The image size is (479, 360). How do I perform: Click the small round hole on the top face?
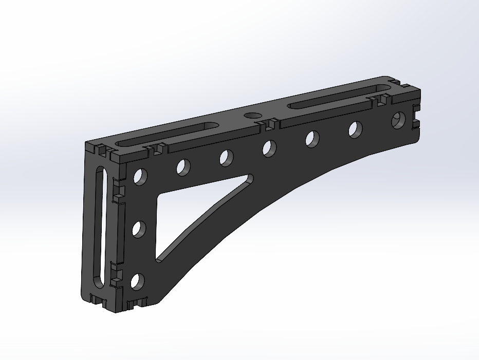252,115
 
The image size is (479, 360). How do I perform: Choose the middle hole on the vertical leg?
138,229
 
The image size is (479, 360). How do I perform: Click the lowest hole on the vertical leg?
137,281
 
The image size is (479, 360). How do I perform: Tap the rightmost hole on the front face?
398,121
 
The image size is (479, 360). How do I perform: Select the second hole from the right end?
355,129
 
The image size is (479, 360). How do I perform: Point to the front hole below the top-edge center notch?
269,148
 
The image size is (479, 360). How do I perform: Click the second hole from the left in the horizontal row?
183,167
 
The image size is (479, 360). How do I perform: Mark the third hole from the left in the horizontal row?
226,158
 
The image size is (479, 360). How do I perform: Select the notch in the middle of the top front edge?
271,125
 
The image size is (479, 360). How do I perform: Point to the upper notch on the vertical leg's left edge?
117,192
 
